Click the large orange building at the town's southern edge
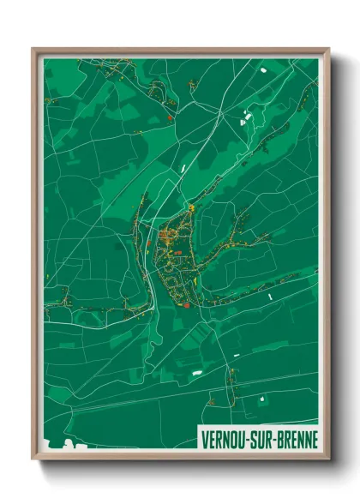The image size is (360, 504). (185, 304)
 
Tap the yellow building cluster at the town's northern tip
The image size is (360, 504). (192, 208)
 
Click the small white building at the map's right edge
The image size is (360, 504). (270, 296)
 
